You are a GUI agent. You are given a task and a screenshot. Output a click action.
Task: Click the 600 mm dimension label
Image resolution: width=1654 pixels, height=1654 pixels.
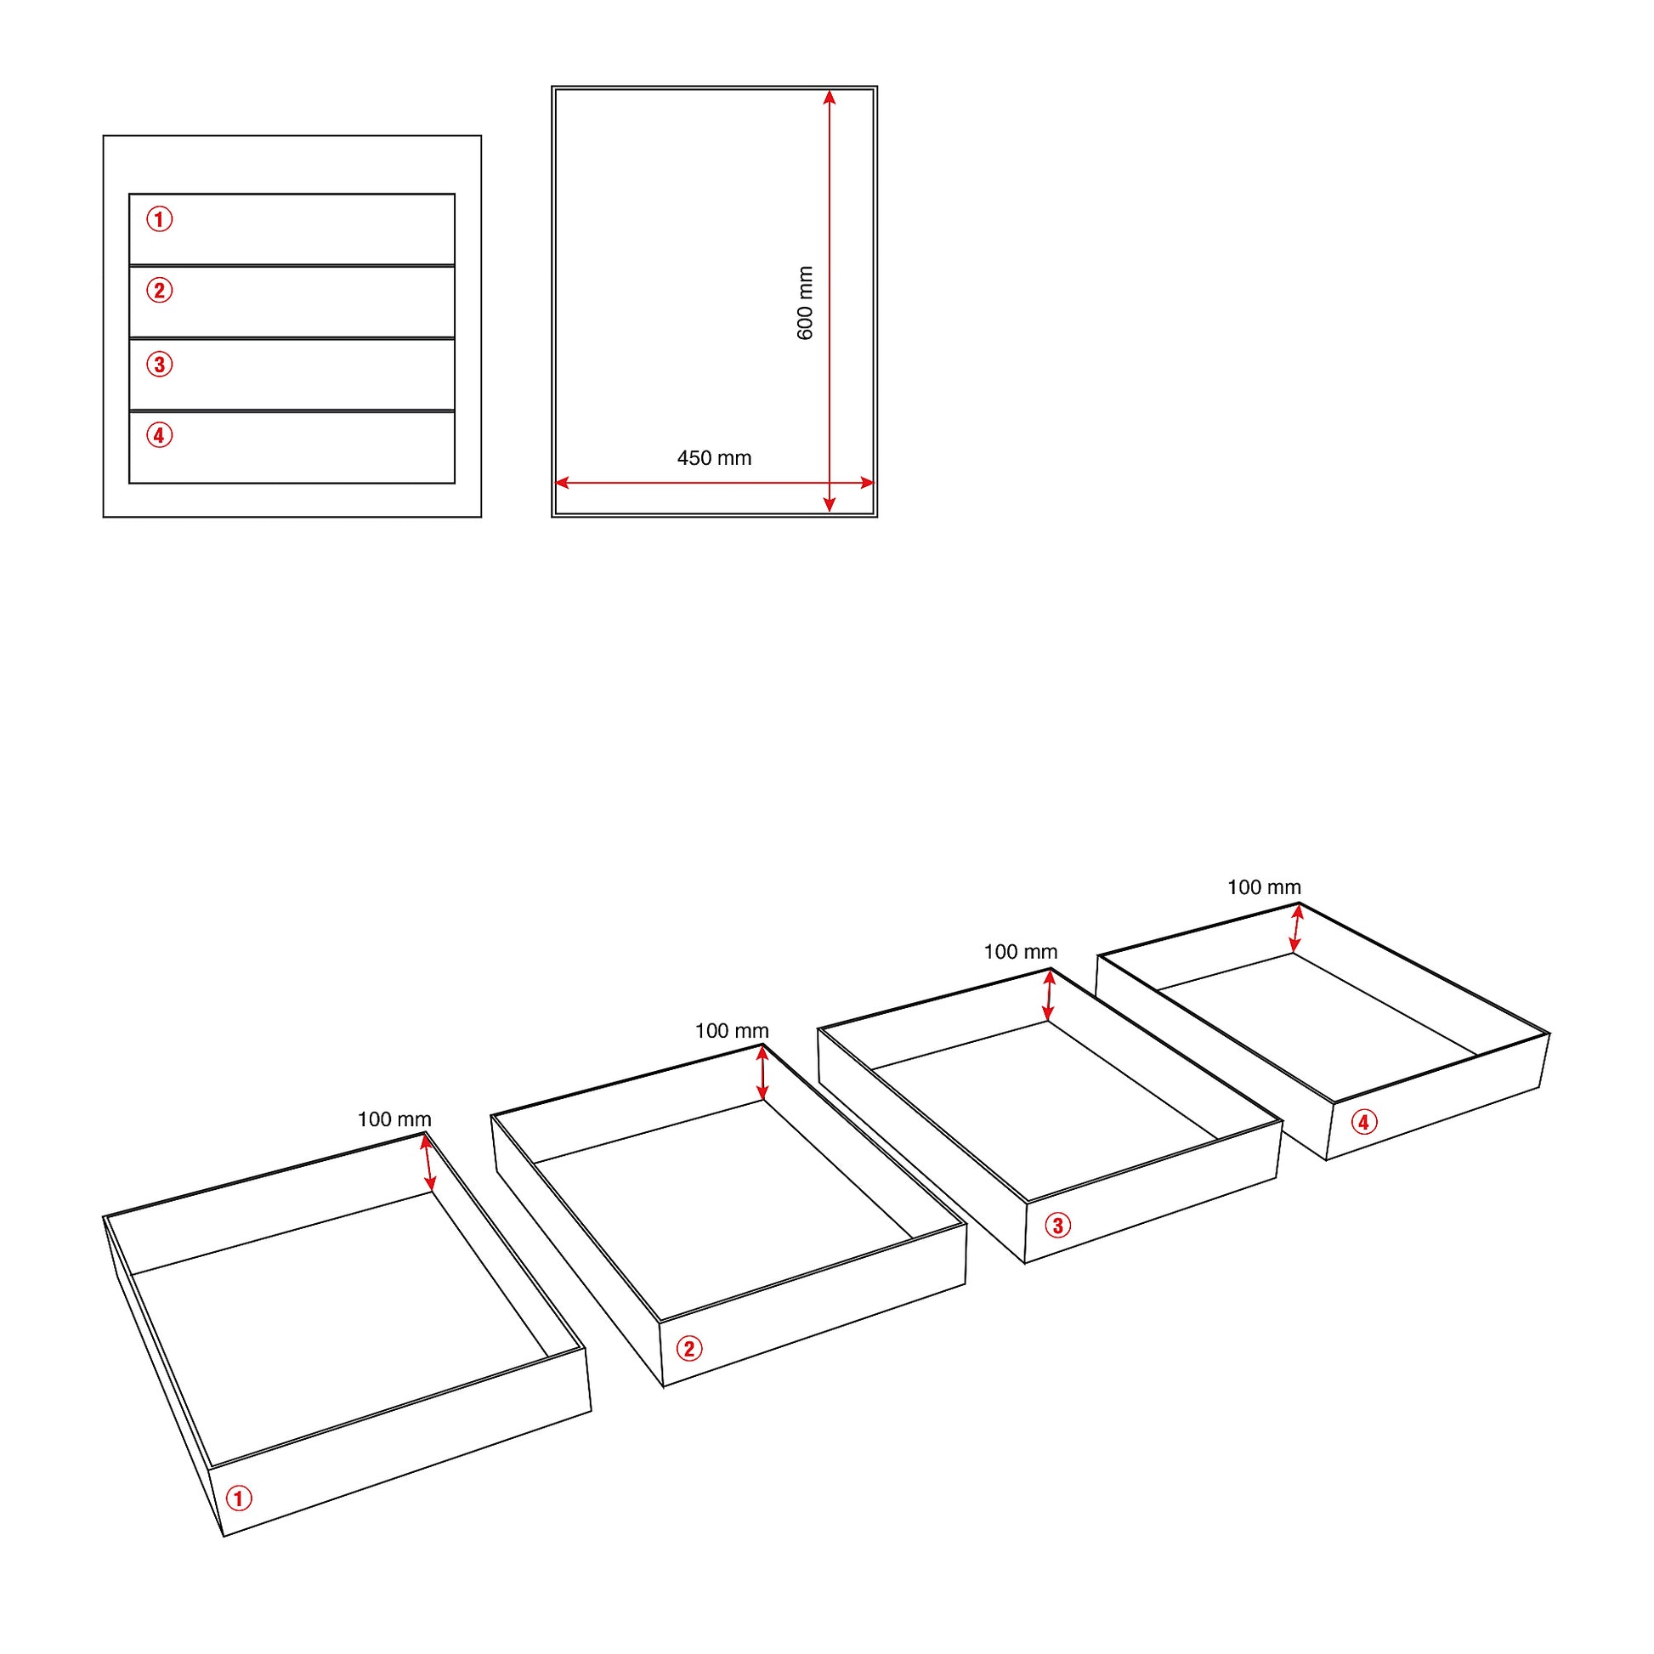tap(805, 303)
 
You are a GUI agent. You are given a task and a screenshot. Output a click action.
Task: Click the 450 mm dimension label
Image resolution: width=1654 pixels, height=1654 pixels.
tap(714, 458)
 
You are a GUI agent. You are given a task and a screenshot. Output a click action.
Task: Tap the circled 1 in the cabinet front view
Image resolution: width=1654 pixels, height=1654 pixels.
tap(159, 219)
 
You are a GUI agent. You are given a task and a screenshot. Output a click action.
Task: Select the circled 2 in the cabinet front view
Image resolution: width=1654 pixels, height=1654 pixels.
tap(159, 290)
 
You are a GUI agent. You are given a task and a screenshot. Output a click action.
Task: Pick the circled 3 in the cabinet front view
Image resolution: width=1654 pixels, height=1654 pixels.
tap(159, 365)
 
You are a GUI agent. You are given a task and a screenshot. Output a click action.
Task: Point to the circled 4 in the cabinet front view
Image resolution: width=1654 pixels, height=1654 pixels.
tap(159, 435)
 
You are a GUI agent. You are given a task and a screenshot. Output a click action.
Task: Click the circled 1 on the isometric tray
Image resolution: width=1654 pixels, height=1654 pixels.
tap(239, 1498)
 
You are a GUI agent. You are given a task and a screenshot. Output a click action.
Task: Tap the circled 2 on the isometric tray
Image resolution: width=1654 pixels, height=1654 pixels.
tap(689, 1348)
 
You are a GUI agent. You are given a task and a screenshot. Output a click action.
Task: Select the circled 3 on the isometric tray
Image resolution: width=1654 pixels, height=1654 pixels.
tap(1057, 1225)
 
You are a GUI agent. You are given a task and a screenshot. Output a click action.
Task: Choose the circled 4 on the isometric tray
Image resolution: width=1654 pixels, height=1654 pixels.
tap(1364, 1121)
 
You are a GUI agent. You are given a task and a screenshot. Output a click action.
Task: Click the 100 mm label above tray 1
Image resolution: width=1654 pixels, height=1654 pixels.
tap(394, 1119)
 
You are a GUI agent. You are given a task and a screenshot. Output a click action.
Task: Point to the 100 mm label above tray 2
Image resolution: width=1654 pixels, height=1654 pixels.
tap(731, 1031)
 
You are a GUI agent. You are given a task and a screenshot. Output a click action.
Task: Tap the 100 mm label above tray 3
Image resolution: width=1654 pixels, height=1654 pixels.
tap(1020, 952)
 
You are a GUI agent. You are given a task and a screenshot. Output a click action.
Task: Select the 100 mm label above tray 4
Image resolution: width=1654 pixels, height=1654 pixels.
tap(1264, 888)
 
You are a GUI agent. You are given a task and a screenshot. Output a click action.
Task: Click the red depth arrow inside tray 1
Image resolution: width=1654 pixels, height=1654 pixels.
tap(428, 1163)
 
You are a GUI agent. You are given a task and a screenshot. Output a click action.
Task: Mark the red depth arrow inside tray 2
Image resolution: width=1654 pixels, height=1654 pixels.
tap(762, 1073)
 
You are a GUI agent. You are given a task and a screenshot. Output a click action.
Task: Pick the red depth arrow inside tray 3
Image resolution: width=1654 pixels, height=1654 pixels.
tap(1049, 995)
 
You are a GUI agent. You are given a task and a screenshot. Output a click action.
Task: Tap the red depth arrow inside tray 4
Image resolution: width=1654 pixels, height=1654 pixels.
tap(1296, 929)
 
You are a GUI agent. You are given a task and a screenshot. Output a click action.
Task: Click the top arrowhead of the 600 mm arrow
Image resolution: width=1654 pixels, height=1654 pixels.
tap(829, 97)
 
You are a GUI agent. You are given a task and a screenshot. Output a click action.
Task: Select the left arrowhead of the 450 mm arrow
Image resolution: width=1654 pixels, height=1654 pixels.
tap(563, 483)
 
